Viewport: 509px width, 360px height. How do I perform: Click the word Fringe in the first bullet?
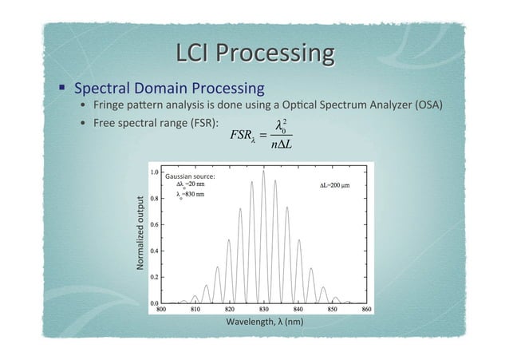coord(111,106)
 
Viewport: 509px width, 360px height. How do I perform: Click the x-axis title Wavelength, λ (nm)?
coord(265,322)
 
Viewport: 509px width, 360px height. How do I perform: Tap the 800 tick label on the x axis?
coord(161,307)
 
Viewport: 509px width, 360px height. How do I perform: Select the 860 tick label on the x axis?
coord(367,307)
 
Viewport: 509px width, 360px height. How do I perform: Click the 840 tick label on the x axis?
coord(298,307)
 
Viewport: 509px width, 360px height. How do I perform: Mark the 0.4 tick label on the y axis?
coord(152,251)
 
